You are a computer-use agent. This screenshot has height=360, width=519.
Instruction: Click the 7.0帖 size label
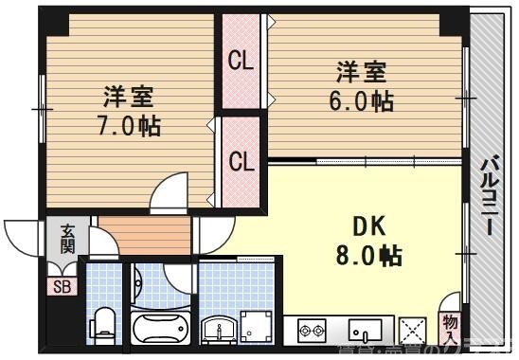(x=128, y=125)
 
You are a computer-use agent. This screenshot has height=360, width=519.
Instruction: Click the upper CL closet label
(x=242, y=63)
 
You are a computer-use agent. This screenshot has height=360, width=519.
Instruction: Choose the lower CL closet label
(x=242, y=161)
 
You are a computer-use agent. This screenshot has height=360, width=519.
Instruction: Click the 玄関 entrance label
(x=69, y=239)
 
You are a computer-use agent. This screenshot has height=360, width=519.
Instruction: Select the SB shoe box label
(x=62, y=288)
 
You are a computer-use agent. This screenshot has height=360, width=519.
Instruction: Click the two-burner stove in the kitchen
(x=312, y=331)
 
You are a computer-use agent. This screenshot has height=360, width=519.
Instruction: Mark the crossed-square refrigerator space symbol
(x=414, y=331)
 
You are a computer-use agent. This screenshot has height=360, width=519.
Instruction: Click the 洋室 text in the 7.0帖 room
(x=128, y=97)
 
